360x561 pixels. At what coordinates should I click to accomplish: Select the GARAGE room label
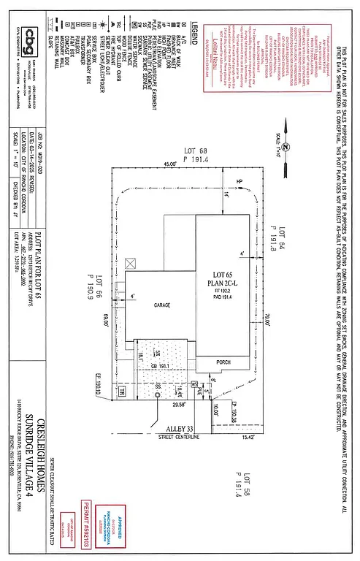(161, 305)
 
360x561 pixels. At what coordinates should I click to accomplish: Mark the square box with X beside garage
(131, 262)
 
